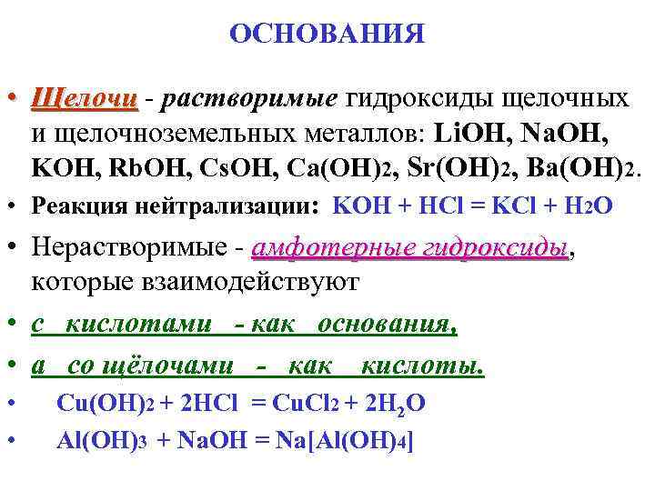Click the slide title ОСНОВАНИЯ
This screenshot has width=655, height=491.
click(x=327, y=35)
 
